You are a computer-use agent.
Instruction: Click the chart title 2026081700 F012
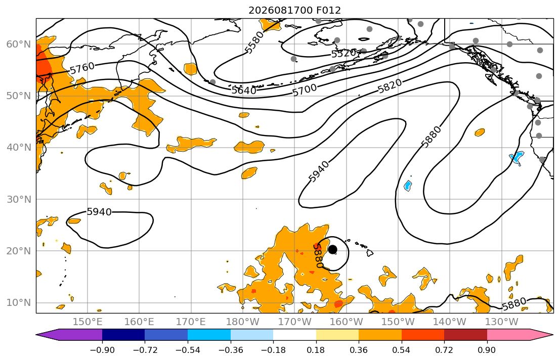tap(294, 10)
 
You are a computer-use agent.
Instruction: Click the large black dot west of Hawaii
tap(333, 249)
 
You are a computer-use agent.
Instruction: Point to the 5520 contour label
tap(343, 54)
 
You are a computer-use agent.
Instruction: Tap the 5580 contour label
tap(254, 42)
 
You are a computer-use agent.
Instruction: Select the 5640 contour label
tap(244, 90)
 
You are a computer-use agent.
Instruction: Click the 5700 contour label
tap(305, 90)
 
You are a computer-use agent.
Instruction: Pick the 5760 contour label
tap(82, 68)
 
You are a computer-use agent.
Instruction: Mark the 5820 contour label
tap(390, 86)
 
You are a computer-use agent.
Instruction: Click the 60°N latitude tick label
tap(19, 44)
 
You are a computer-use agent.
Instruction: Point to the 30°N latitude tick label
tap(19, 200)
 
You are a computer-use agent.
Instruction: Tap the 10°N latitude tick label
tap(19, 303)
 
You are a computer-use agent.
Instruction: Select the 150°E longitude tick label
tap(88, 322)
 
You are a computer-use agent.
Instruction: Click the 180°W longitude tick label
tap(243, 322)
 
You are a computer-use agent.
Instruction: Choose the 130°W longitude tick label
tap(502, 322)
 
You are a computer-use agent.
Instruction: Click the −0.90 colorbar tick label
tap(102, 350)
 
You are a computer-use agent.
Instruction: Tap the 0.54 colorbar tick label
tap(402, 350)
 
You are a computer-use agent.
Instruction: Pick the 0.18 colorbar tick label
tap(316, 350)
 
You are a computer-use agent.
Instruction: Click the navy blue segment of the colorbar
tap(123, 335)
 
